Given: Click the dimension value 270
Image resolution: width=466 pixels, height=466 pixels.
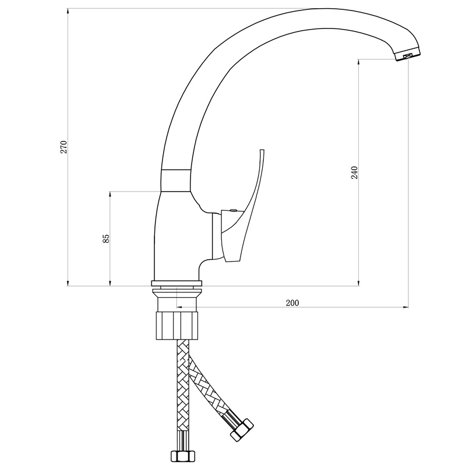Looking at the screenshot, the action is click(64, 147).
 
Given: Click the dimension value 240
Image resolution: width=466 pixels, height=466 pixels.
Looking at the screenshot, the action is click(355, 172).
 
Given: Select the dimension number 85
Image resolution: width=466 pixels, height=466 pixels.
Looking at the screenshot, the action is click(106, 239).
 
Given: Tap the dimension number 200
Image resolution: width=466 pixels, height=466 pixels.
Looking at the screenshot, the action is click(292, 303).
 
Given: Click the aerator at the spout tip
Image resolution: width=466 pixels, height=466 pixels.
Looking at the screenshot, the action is click(408, 55).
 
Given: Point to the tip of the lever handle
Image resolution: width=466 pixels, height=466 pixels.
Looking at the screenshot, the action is click(262, 150).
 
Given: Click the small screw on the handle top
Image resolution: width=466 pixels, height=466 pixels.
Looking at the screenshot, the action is click(234, 210).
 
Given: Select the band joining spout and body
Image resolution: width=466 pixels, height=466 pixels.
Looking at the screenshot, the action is click(176, 181).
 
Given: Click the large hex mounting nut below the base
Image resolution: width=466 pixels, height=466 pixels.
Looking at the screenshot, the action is click(177, 325).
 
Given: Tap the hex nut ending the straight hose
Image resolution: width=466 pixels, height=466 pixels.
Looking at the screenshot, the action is click(183, 456).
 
